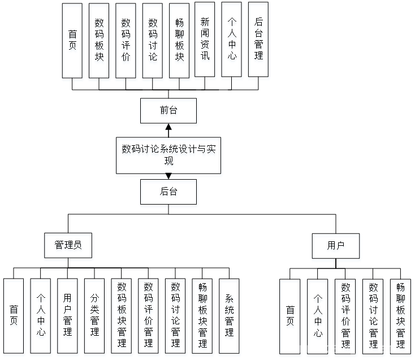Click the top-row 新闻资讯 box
205,41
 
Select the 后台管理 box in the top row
258,41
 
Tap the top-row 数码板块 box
100,42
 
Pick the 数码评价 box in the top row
126,42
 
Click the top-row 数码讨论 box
153,42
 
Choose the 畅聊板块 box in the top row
179,42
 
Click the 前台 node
169,112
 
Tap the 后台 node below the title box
169,193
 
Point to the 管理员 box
68,247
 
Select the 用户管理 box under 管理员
68,318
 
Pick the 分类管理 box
94,318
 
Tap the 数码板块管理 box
122,318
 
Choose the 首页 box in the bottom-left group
14,318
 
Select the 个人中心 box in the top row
232,41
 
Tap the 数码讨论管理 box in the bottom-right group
373,318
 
